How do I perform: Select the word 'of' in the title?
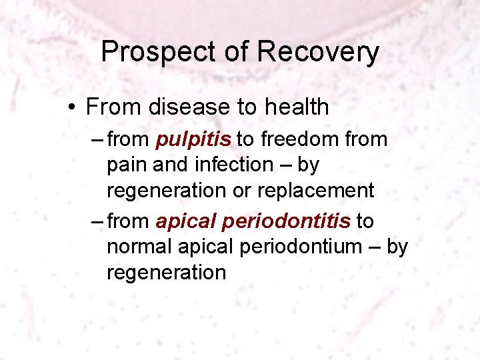click(232, 52)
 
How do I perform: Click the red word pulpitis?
click(194, 139)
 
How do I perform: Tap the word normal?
click(139, 247)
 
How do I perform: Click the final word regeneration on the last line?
click(167, 273)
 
